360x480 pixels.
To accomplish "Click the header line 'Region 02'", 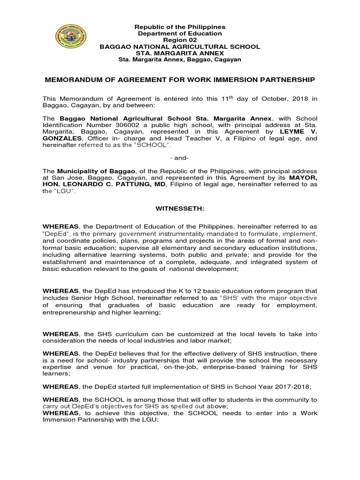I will pos(180,40).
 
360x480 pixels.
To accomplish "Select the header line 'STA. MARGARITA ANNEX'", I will pos(180,53).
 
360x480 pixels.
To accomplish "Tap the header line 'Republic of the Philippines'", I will pos(180,28).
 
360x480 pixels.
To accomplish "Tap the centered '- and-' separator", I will pos(180,158).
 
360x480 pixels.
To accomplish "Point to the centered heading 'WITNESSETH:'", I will pos(180,207).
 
